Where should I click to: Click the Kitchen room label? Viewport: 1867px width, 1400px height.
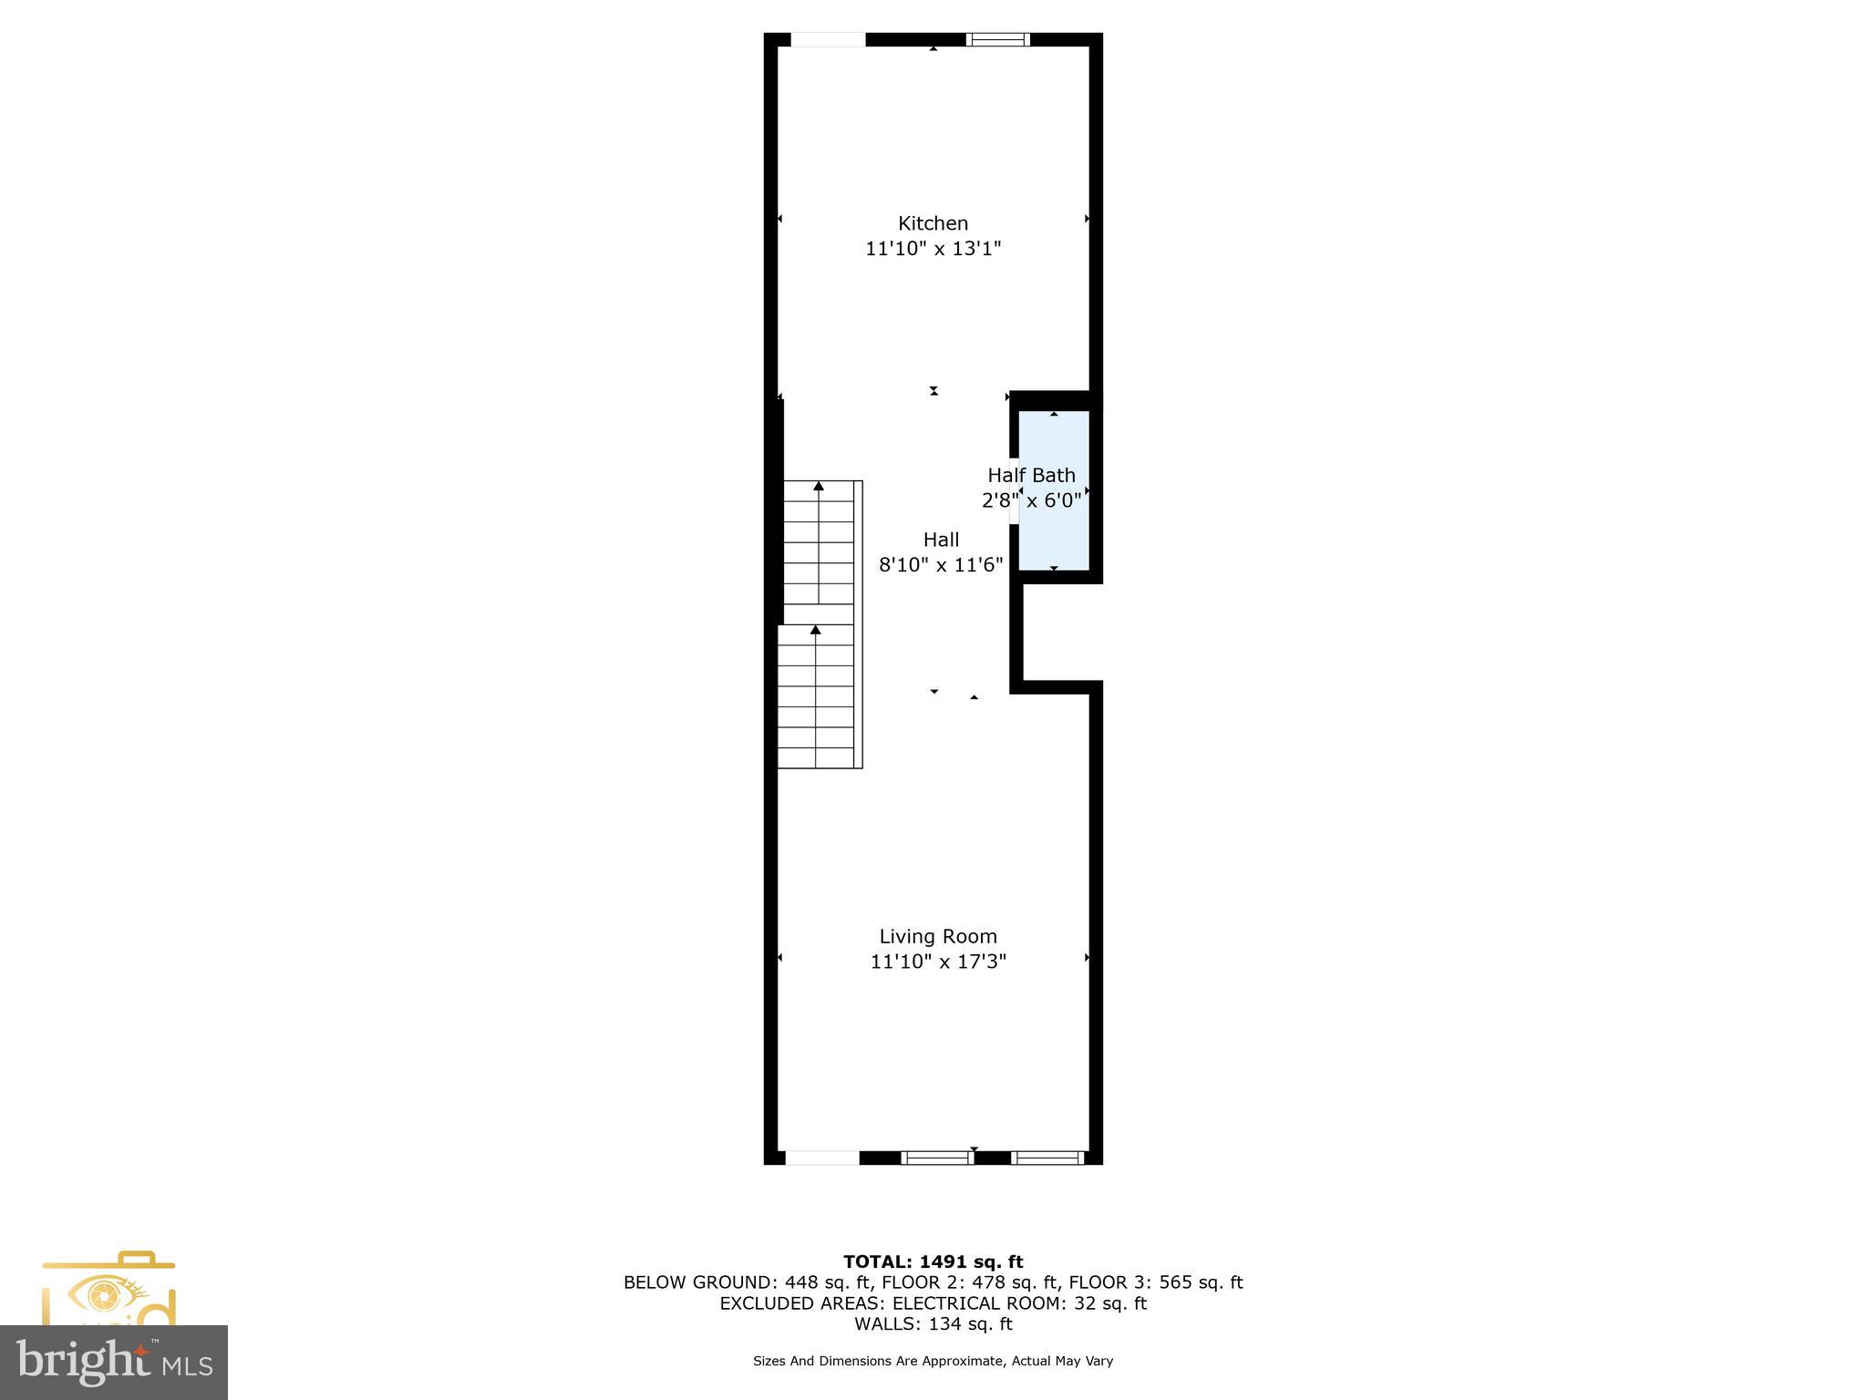click(933, 223)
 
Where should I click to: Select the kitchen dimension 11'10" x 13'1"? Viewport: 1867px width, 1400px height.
click(933, 249)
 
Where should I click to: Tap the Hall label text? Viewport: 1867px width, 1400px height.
click(941, 540)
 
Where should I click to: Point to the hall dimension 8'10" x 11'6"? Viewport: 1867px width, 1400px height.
click(941, 565)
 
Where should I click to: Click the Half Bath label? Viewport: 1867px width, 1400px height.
click(1031, 475)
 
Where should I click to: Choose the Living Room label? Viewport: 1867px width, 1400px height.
click(938, 936)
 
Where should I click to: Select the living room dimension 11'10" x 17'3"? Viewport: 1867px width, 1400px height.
click(938, 962)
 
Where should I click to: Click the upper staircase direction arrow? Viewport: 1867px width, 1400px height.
click(819, 487)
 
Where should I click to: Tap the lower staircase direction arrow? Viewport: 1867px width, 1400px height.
click(816, 630)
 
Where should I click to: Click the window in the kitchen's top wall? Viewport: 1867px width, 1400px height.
click(997, 39)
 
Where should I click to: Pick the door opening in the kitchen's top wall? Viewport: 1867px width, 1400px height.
click(827, 39)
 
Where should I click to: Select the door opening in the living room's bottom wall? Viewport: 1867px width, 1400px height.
click(821, 1158)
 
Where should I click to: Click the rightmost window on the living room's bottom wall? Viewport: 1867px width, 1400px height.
click(1047, 1158)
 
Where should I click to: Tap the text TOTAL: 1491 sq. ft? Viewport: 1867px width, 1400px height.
click(933, 1261)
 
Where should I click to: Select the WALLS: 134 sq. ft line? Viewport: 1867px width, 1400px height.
click(933, 1323)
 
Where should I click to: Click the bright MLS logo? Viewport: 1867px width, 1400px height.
click(114, 1362)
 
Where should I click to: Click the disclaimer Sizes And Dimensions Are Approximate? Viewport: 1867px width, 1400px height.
click(933, 1361)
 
